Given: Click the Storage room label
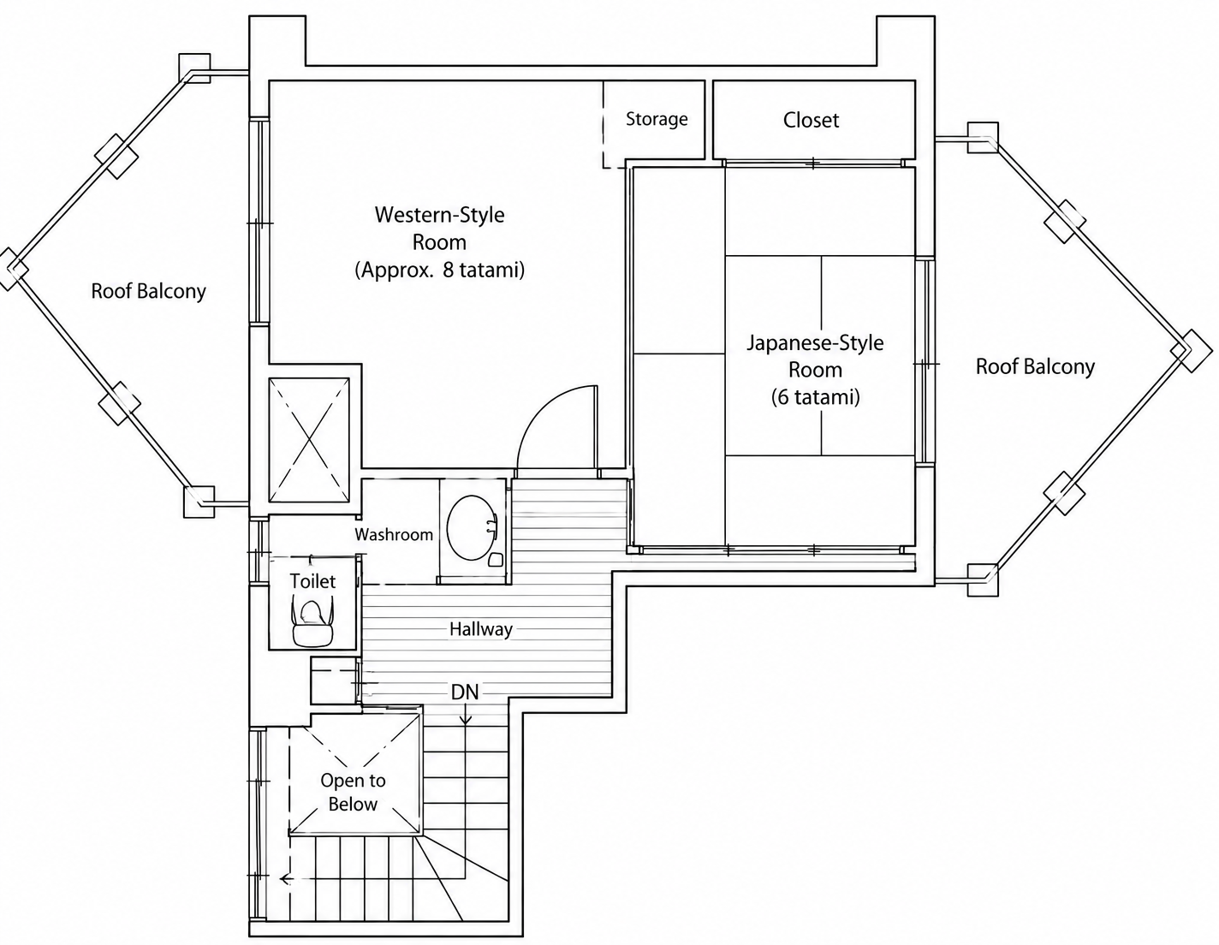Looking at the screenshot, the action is tap(657, 120).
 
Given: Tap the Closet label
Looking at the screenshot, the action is tap(811, 120).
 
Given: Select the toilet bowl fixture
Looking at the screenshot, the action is tap(312, 621).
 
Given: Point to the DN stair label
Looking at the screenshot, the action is tap(465, 692).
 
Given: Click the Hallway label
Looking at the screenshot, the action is tap(481, 629).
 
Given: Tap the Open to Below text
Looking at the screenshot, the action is tap(353, 792).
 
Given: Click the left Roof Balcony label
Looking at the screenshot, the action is tap(149, 291).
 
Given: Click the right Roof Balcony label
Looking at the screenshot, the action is tap(1035, 366).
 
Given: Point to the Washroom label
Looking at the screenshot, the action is tap(394, 534).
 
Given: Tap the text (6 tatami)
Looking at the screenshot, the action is tap(815, 398).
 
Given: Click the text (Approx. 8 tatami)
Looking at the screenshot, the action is tap(440, 270).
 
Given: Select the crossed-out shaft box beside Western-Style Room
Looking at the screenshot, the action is tap(309, 440).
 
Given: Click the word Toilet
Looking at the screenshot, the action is tap(312, 581).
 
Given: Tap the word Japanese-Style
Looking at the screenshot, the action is tap(815, 342).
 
